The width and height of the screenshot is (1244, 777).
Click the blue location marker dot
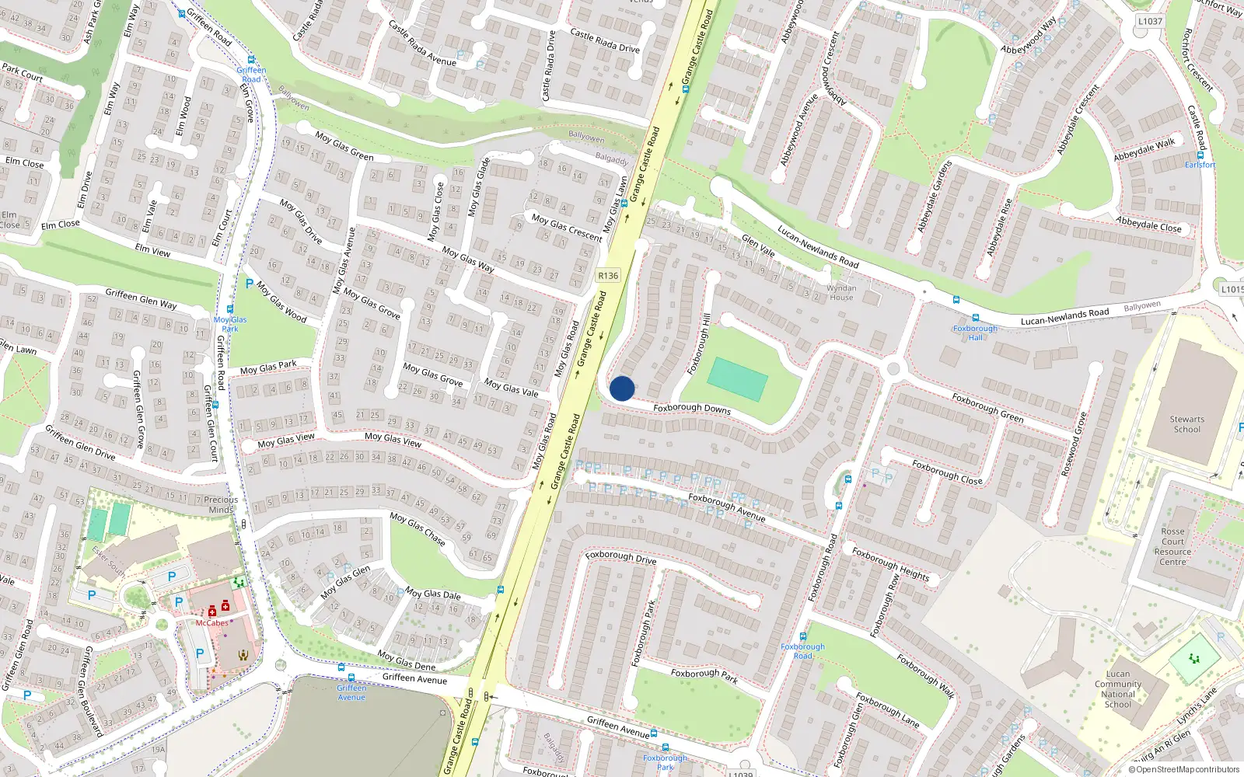point(621,388)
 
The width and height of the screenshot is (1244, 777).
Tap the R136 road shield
point(608,276)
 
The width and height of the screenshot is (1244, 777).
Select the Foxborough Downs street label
point(691,408)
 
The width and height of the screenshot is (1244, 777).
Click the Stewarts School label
point(1186,424)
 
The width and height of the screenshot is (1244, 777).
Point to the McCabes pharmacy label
point(211,623)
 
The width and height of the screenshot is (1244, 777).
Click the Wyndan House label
point(841,292)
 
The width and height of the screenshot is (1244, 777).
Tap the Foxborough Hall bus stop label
point(975,333)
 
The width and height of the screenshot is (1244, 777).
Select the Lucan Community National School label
point(1118,689)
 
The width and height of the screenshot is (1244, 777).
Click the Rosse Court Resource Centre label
point(1172,546)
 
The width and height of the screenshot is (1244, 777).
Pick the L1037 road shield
point(1150,22)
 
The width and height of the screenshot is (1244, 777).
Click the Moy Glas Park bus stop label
point(230,324)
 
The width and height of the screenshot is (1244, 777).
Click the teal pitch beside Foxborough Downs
point(737,379)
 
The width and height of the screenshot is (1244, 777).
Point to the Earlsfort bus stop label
point(1200,165)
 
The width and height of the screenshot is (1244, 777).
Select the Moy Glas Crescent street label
point(567,227)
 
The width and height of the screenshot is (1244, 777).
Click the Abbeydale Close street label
point(1148,225)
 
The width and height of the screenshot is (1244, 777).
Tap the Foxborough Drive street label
point(620,557)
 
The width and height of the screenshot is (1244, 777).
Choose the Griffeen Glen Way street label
point(141,298)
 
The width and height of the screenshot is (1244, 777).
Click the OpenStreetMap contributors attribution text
point(1183,770)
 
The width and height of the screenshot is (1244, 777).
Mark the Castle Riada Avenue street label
point(422,44)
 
